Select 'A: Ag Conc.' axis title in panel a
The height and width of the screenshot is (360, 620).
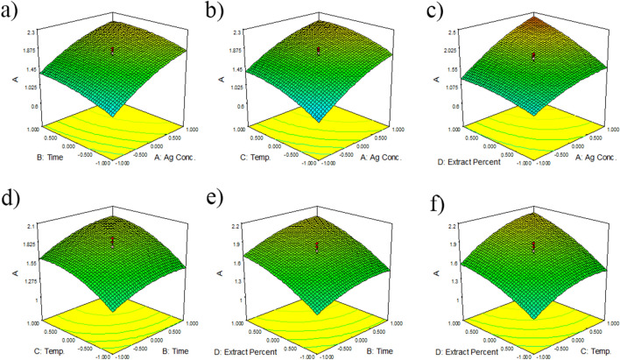pyautogui.click(x=172, y=159)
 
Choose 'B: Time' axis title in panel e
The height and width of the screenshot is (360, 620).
pyautogui.click(x=378, y=343)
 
